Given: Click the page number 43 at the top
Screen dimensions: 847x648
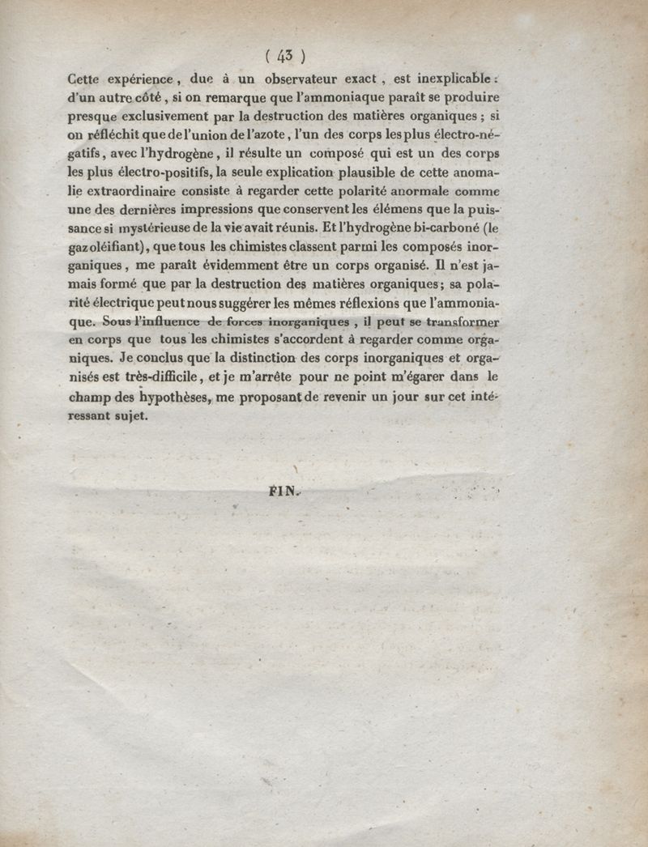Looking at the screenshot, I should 284,56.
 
